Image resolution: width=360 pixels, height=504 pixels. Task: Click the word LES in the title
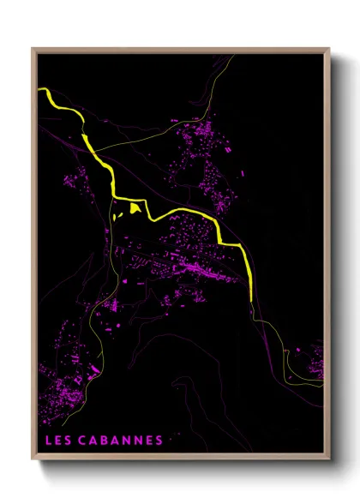point(57,441)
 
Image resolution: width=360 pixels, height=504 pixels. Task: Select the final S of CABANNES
point(159,441)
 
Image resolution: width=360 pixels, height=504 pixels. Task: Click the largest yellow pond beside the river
point(135,207)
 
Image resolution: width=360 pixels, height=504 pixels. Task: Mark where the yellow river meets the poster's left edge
point(40,88)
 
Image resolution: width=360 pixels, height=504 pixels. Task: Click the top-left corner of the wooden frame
point(33,49)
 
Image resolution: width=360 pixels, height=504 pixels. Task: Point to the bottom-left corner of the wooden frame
point(33,461)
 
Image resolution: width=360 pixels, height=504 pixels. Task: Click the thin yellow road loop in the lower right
point(300,377)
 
